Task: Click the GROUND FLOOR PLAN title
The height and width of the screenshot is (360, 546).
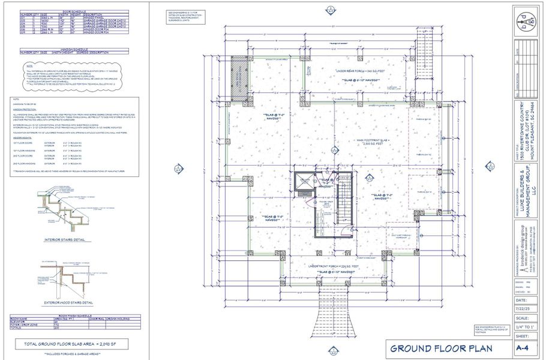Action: (x=442, y=348)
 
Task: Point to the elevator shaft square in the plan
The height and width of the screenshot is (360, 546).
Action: (x=305, y=183)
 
